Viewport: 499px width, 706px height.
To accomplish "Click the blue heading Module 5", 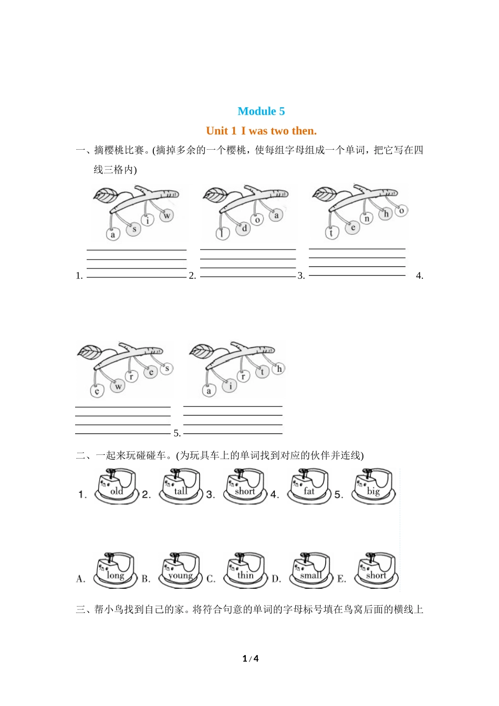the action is click(x=261, y=111).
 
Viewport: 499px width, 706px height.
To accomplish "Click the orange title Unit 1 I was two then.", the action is click(x=262, y=131).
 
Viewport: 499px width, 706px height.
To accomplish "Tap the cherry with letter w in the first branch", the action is click(x=167, y=215).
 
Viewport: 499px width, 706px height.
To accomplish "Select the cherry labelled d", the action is click(x=244, y=228).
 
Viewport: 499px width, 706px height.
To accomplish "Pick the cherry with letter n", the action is click(x=367, y=218).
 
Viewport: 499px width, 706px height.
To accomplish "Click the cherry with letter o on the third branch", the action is click(x=402, y=211).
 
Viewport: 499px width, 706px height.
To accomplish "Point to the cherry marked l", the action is click(x=223, y=234).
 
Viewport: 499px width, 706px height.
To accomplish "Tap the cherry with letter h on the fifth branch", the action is click(x=279, y=368).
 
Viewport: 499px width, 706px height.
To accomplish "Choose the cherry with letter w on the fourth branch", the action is click(x=118, y=386).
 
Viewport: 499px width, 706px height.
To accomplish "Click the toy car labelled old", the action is click(x=116, y=486).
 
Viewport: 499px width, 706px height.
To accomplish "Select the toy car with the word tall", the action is click(x=181, y=486).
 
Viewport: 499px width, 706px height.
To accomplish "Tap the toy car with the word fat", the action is click(x=309, y=486).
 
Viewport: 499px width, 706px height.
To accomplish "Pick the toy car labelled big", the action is click(x=374, y=486).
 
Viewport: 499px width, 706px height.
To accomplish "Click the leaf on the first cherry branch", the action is click(x=106, y=195).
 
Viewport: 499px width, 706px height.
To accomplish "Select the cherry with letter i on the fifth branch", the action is click(x=230, y=386).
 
